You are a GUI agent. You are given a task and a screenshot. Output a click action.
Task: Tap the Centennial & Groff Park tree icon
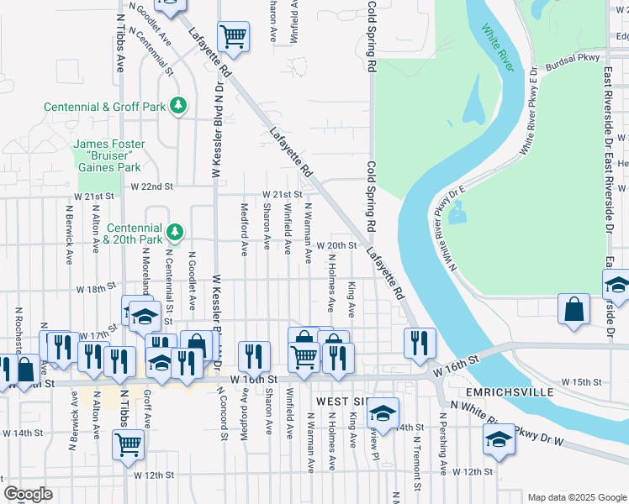[x=177, y=106]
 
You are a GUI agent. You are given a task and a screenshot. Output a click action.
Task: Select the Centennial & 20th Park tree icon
[x=174, y=230]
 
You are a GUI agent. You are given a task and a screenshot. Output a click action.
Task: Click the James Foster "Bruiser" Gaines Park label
[x=108, y=155]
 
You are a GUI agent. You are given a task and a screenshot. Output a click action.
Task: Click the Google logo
[x=28, y=494]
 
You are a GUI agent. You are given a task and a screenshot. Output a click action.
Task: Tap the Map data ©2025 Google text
[x=575, y=496]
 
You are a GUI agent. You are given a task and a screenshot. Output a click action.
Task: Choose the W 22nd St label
[x=151, y=186]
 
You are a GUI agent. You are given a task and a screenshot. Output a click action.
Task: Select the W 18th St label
[x=94, y=288]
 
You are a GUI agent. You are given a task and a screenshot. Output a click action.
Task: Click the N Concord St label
[x=225, y=412]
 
